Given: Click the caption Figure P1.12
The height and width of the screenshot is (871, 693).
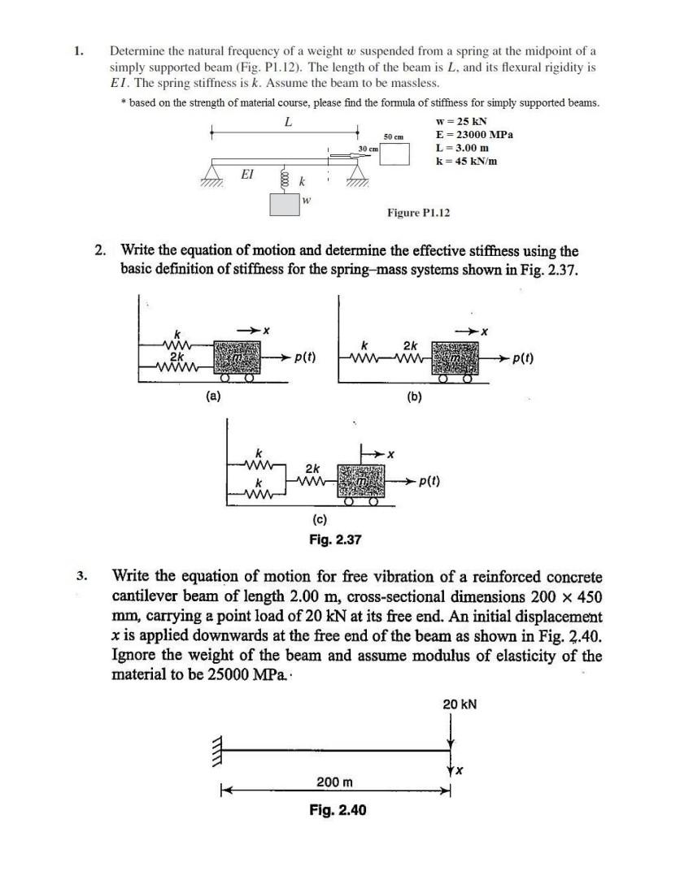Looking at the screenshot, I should [417, 213].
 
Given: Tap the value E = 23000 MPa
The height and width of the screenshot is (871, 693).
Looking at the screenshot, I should [474, 135].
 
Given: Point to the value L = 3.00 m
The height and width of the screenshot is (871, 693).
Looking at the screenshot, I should [461, 148].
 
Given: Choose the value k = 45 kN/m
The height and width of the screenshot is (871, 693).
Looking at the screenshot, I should [466, 161].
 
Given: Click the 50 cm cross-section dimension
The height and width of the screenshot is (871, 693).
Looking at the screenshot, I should [394, 137].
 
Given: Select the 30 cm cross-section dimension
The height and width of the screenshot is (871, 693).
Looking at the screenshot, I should [368, 149].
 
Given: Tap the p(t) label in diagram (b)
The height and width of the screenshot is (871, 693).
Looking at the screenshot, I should [516, 358].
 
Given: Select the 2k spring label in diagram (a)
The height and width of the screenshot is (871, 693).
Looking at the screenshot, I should [174, 356].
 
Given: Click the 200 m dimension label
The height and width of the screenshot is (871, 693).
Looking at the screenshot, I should [334, 782].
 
